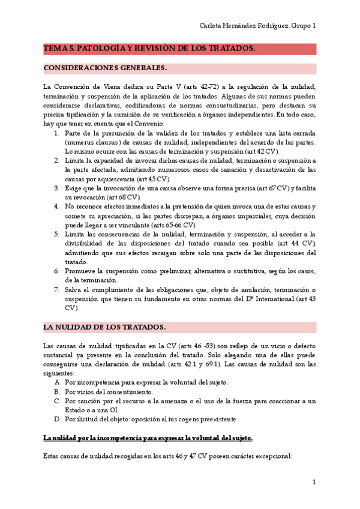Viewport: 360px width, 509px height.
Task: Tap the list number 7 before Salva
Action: click(x=56, y=289)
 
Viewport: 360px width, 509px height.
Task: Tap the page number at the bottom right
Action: click(x=314, y=482)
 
